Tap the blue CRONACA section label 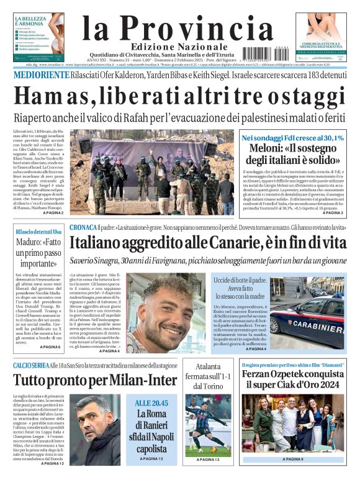click(83, 227)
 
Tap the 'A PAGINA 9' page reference click(292, 459)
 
